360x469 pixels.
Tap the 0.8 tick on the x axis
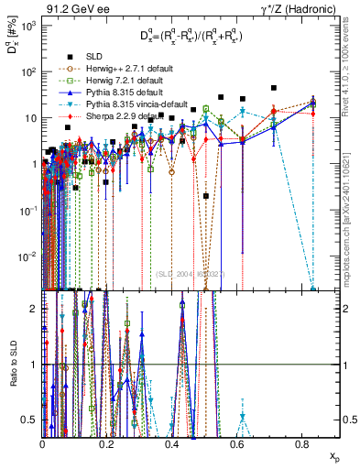tap(302, 444)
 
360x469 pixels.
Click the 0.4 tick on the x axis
tap(172, 444)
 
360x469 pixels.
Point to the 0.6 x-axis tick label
tap(237, 444)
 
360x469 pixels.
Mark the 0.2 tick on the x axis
tap(107, 444)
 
